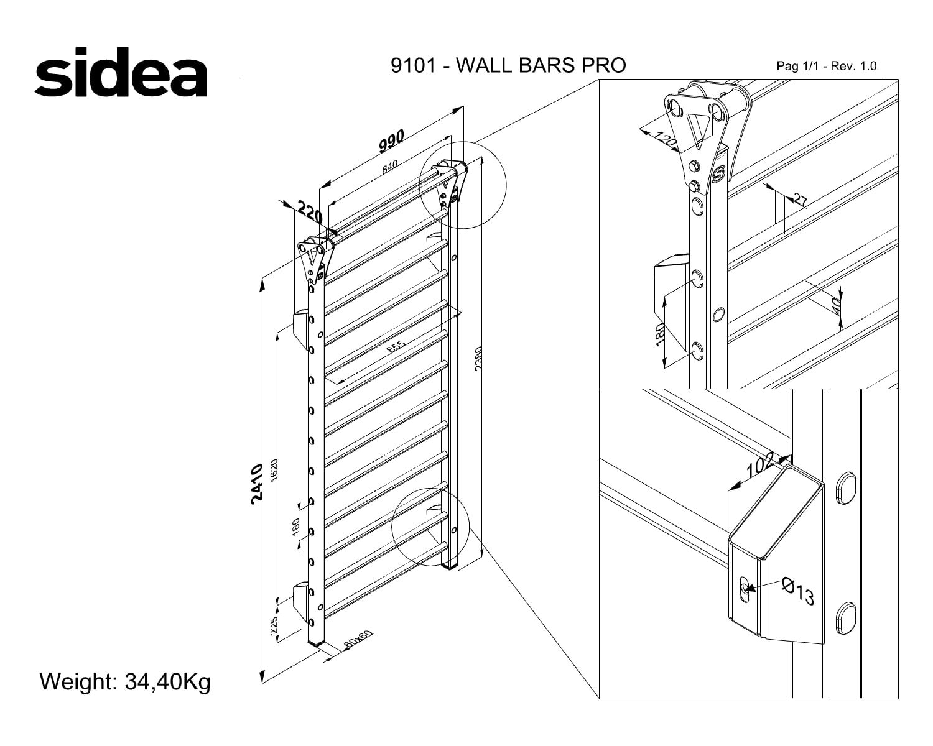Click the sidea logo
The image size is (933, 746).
121,72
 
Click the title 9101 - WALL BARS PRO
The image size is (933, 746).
508,65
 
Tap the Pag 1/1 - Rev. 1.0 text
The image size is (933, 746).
827,67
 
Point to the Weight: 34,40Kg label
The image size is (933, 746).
125,681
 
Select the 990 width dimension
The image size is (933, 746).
391,140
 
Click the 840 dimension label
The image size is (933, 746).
390,167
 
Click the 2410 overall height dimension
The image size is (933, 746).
257,484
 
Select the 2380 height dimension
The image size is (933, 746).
478,358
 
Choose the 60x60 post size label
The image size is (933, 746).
358,639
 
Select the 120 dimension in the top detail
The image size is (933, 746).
665,140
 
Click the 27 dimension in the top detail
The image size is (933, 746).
801,200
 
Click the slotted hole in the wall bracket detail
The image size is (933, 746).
745,589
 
